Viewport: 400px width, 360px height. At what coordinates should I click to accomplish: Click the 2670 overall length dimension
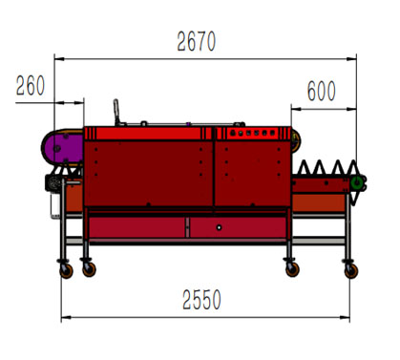pyautogui.click(x=197, y=41)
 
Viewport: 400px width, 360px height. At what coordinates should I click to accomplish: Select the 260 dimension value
pyautogui.click(x=31, y=86)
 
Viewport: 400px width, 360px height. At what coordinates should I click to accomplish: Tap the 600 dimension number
pyautogui.click(x=322, y=91)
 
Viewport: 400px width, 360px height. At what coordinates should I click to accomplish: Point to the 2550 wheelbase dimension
pyautogui.click(x=201, y=300)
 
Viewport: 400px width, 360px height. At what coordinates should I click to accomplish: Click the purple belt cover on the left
pyautogui.click(x=63, y=148)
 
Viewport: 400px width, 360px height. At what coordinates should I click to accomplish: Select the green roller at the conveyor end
pyautogui.click(x=357, y=183)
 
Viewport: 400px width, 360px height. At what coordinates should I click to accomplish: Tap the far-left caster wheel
pyautogui.click(x=66, y=271)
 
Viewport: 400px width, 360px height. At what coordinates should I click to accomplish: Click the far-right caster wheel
pyautogui.click(x=351, y=271)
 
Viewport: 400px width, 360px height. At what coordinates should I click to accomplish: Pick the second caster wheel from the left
pyautogui.click(x=89, y=269)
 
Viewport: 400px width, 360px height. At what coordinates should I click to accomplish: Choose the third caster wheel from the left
pyautogui.click(x=292, y=269)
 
